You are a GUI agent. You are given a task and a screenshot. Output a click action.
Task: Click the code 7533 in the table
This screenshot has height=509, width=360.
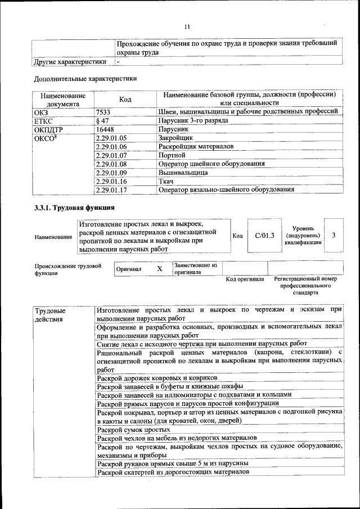(104, 112)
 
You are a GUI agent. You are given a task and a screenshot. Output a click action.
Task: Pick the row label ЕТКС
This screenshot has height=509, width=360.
(44, 120)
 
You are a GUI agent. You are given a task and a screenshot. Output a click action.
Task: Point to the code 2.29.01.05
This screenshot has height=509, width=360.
(112, 137)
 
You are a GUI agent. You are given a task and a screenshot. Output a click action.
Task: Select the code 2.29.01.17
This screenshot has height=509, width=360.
(112, 190)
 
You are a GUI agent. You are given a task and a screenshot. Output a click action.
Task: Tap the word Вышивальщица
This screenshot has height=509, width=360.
(183, 172)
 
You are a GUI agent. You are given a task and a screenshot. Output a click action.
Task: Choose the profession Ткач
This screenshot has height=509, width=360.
(166, 181)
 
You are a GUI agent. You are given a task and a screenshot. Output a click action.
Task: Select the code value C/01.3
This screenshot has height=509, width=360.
(264, 235)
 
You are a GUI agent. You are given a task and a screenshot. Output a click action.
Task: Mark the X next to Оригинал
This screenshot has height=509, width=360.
(159, 269)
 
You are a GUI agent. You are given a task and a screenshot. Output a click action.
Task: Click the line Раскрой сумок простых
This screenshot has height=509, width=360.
(133, 429)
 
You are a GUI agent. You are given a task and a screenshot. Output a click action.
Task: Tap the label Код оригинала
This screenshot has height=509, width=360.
(245, 279)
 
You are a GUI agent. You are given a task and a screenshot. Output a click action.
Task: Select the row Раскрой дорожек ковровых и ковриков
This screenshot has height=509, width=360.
(156, 377)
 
